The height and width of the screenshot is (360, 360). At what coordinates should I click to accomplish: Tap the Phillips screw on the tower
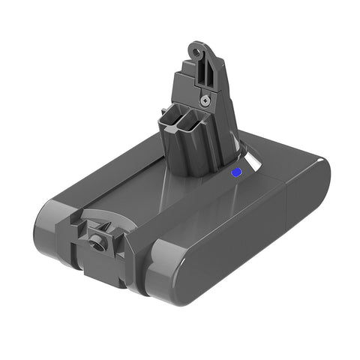(204, 97)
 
